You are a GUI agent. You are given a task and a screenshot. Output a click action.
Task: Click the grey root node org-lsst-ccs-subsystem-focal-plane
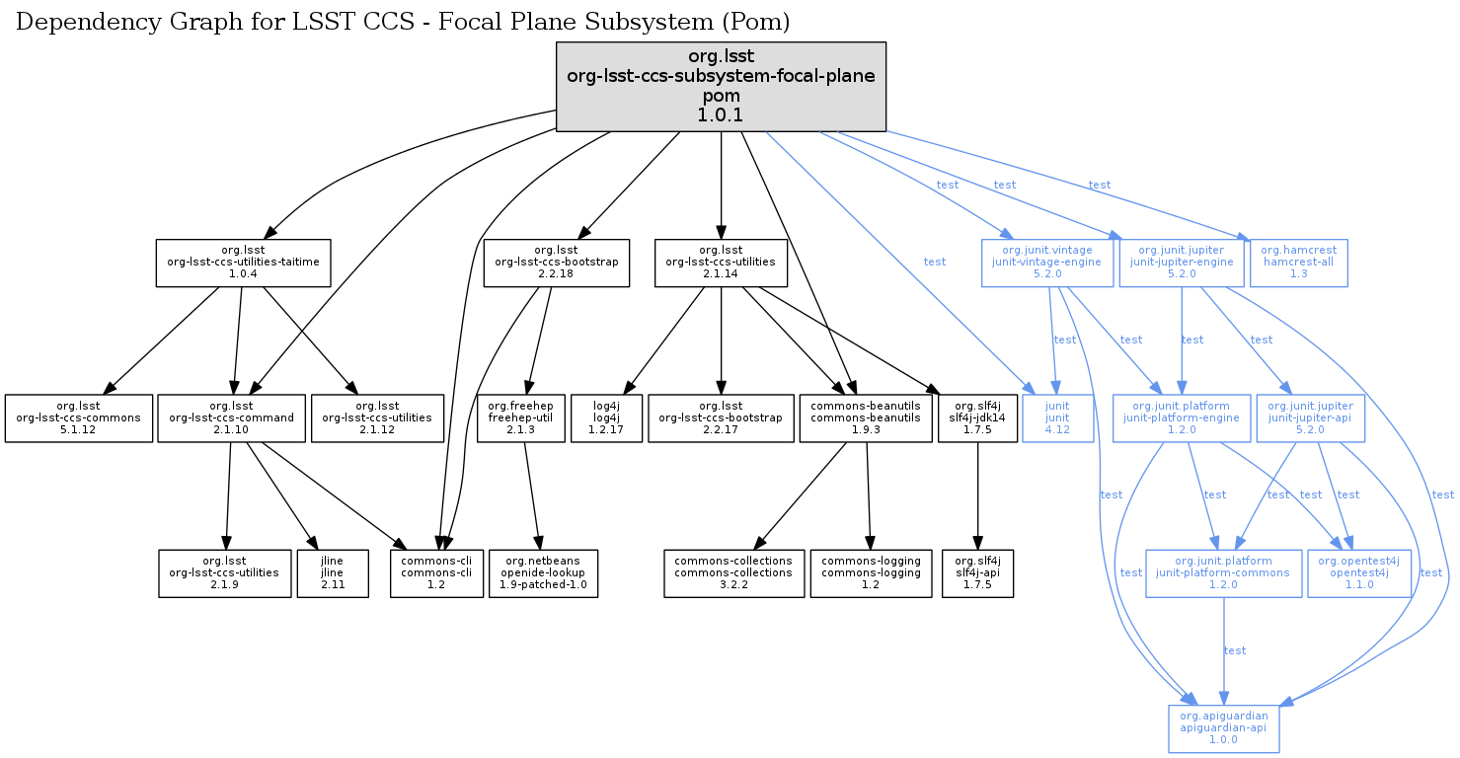(721, 87)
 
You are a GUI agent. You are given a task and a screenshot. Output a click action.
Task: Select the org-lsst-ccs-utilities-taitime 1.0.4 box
(243, 263)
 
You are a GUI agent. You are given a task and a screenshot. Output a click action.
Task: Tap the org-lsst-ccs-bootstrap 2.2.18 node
(556, 263)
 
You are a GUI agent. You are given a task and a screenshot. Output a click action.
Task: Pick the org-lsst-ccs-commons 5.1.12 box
(78, 418)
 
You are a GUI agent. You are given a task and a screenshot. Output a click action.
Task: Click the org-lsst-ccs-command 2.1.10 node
(231, 418)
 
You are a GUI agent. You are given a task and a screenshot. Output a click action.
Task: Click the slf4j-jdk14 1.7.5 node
(977, 418)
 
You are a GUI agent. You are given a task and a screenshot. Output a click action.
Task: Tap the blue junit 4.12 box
(1057, 418)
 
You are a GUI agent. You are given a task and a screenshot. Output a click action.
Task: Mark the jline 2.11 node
(333, 573)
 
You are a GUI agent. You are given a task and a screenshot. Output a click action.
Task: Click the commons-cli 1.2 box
(435, 573)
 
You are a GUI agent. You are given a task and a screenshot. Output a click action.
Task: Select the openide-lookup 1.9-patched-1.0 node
(543, 573)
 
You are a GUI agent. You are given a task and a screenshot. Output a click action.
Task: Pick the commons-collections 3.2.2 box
(733, 573)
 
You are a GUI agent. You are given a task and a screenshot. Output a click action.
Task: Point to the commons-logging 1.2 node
(871, 573)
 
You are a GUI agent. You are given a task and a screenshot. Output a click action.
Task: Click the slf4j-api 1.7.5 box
(977, 573)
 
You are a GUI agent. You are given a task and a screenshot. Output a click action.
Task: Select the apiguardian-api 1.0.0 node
(1223, 728)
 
